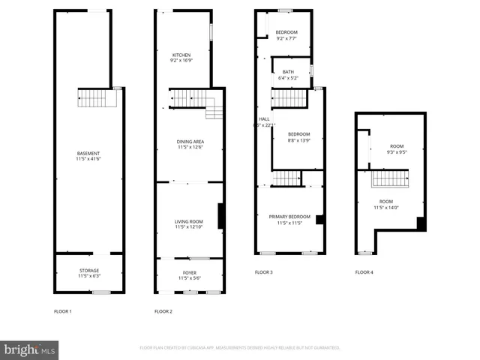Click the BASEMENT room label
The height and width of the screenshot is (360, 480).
(x=88, y=153)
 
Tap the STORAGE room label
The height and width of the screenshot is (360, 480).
(x=89, y=270)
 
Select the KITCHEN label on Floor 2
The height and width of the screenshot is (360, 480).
(x=181, y=55)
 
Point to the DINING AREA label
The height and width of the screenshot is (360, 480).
(x=190, y=141)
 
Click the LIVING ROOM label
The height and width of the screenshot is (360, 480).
(x=189, y=221)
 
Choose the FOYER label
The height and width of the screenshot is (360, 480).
(x=190, y=272)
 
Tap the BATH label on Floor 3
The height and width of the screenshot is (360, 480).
(x=288, y=71)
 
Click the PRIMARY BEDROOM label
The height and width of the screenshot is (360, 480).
(x=289, y=217)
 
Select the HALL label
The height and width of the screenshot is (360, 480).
(x=264, y=118)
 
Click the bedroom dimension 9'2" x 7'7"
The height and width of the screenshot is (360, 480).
(x=286, y=38)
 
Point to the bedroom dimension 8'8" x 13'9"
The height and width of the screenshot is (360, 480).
(x=298, y=140)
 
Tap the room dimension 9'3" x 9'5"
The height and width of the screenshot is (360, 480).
(x=397, y=152)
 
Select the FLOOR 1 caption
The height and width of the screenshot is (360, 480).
(x=63, y=310)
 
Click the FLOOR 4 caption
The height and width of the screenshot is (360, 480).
(x=364, y=272)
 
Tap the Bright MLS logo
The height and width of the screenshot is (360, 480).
(x=29, y=349)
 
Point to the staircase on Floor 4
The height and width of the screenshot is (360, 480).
(x=390, y=178)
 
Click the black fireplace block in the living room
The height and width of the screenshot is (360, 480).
(x=220, y=216)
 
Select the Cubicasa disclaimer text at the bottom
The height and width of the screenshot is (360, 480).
(x=240, y=348)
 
